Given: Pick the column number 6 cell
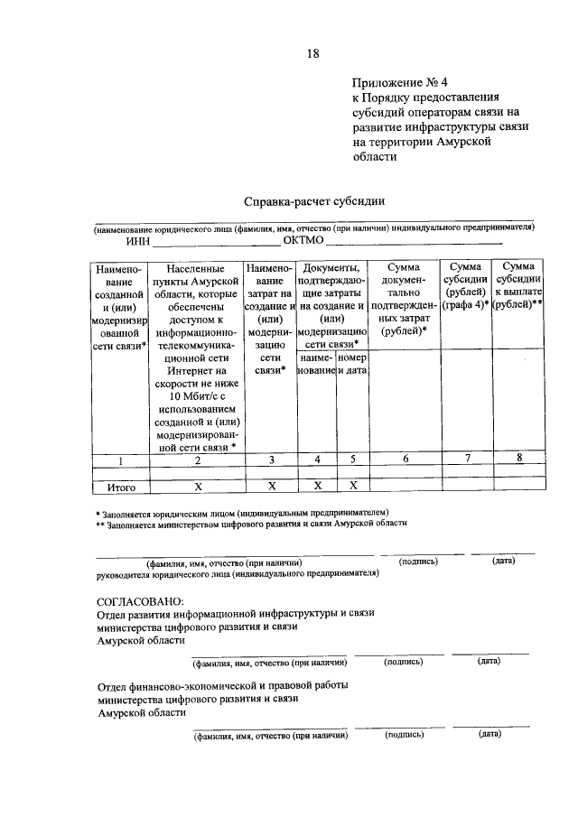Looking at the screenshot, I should (x=405, y=459).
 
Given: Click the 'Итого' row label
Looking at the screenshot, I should (x=121, y=487).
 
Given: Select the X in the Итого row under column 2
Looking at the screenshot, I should (x=197, y=487).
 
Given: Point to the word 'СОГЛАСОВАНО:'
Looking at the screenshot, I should (x=139, y=600).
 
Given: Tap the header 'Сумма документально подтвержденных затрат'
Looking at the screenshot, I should (x=405, y=299).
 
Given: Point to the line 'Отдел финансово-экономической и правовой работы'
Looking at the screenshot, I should (x=221, y=685).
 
